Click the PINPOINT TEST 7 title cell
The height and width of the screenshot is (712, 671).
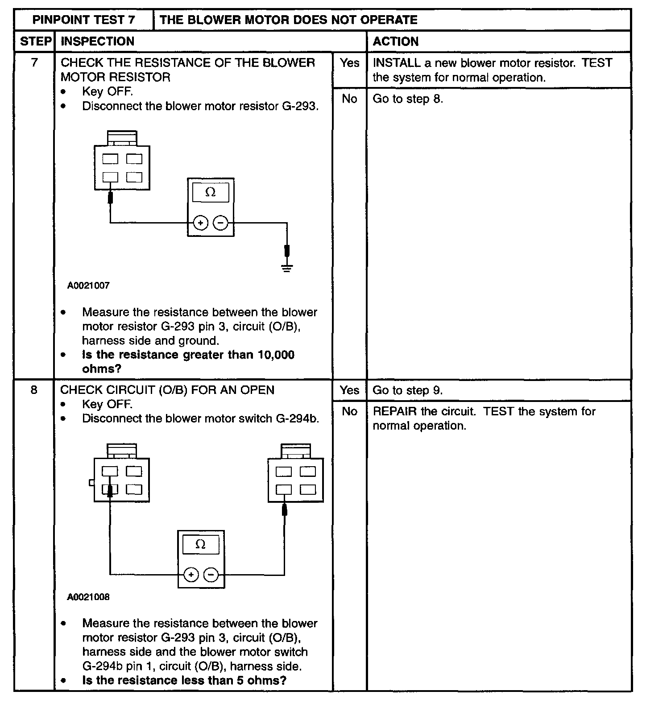coord(84,20)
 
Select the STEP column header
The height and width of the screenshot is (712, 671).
coord(34,41)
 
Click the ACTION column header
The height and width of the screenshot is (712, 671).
coord(396,41)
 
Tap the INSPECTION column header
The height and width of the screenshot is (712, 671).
coord(97,41)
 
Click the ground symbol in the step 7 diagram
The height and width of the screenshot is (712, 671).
coord(287,268)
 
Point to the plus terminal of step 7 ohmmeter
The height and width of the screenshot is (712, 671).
coord(201,223)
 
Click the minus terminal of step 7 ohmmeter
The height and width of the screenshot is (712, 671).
coord(220,223)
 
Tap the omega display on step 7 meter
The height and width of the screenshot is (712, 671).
coord(211,192)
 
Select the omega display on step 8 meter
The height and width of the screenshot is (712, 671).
coord(201,545)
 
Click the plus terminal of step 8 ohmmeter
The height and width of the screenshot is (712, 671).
coord(191,575)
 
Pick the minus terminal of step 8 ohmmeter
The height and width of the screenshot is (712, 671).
coord(211,575)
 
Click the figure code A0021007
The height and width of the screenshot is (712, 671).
coord(88,286)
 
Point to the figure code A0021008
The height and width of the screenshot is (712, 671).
coord(88,597)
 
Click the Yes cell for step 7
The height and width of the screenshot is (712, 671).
coord(349,63)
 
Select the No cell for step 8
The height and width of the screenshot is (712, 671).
coord(349,411)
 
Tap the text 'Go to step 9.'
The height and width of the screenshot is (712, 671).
coord(408,390)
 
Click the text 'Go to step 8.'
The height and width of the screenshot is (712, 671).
coord(408,99)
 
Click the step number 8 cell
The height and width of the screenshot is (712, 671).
coord(34,390)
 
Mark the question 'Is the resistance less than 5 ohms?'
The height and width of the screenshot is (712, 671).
coord(184,680)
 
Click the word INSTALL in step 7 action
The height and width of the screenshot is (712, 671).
coord(397,63)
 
